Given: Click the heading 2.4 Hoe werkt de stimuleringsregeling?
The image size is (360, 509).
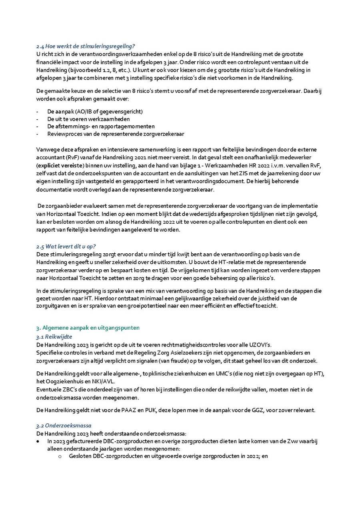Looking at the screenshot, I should [x=86, y=46].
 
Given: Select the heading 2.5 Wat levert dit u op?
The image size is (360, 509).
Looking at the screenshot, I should [x=66, y=246].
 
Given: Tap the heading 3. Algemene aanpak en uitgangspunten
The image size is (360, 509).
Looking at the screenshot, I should [x=88, y=328].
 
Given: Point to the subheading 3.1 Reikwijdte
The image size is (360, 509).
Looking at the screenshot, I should [x=54, y=337].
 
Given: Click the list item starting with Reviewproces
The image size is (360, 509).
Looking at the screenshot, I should [x=116, y=134].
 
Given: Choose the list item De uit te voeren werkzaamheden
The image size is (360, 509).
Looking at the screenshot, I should [x=88, y=119].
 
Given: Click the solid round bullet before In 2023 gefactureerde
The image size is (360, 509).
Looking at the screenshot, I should [x=38, y=441].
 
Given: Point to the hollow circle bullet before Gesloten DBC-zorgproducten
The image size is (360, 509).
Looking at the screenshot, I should [x=60, y=456].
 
